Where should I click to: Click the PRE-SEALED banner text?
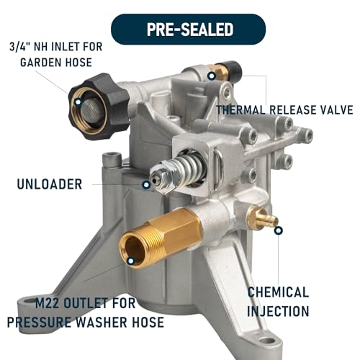pos(190,30)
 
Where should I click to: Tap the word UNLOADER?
pos(50,184)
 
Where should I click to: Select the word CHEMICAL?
pos(278,292)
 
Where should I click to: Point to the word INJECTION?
pos(278,311)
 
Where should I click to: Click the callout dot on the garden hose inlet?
pos(78,102)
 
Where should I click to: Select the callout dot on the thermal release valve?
pos(212,76)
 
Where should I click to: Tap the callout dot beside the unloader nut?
pos(146,185)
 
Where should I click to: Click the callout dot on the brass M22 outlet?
pos(131,261)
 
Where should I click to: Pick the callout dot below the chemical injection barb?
pos(279,230)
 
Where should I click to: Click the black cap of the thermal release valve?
pos(233,71)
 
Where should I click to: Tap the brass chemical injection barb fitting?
pos(262,217)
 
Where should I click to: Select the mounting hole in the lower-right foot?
pos(267,341)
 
